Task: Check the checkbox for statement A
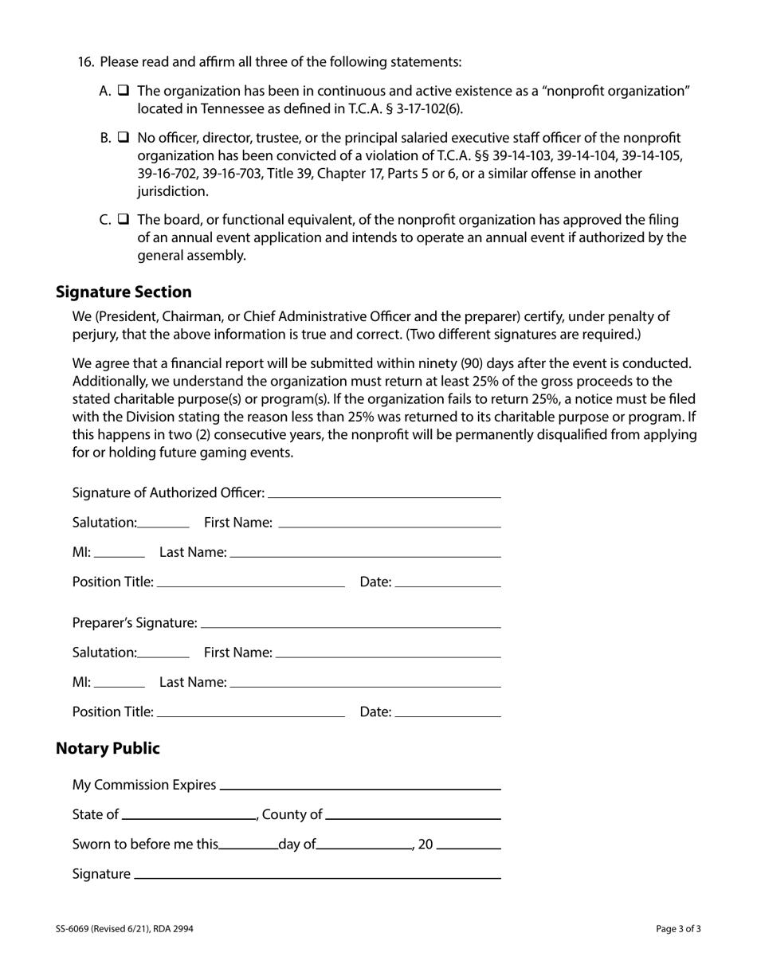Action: click(124, 91)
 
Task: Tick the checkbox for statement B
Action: click(124, 138)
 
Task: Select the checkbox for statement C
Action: click(124, 219)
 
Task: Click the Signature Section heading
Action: click(124, 292)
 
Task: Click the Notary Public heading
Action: click(108, 748)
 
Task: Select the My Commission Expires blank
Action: click(359, 785)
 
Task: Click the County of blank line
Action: click(413, 814)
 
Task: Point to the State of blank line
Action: click(190, 814)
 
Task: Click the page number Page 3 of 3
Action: click(678, 928)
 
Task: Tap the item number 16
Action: click(86, 62)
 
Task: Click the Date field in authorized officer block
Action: click(447, 582)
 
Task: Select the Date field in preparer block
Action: click(447, 712)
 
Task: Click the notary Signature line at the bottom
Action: click(317, 874)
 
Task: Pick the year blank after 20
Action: click(469, 845)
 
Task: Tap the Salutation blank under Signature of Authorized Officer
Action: click(163, 523)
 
